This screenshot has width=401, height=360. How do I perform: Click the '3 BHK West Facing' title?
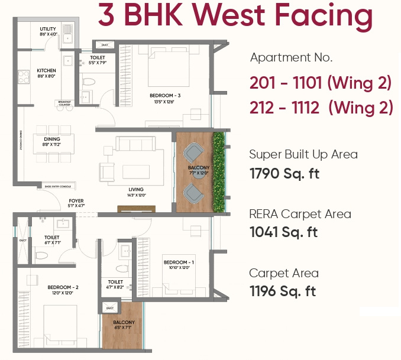pyautogui.click(x=235, y=17)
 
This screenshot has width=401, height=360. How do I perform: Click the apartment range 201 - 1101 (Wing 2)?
pyautogui.click(x=320, y=83)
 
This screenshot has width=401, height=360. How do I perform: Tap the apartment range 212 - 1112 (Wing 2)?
pyautogui.click(x=321, y=108)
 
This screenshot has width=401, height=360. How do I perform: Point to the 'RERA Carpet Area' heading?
pyautogui.click(x=300, y=214)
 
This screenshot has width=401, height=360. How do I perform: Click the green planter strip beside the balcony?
pyautogui.click(x=220, y=171)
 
